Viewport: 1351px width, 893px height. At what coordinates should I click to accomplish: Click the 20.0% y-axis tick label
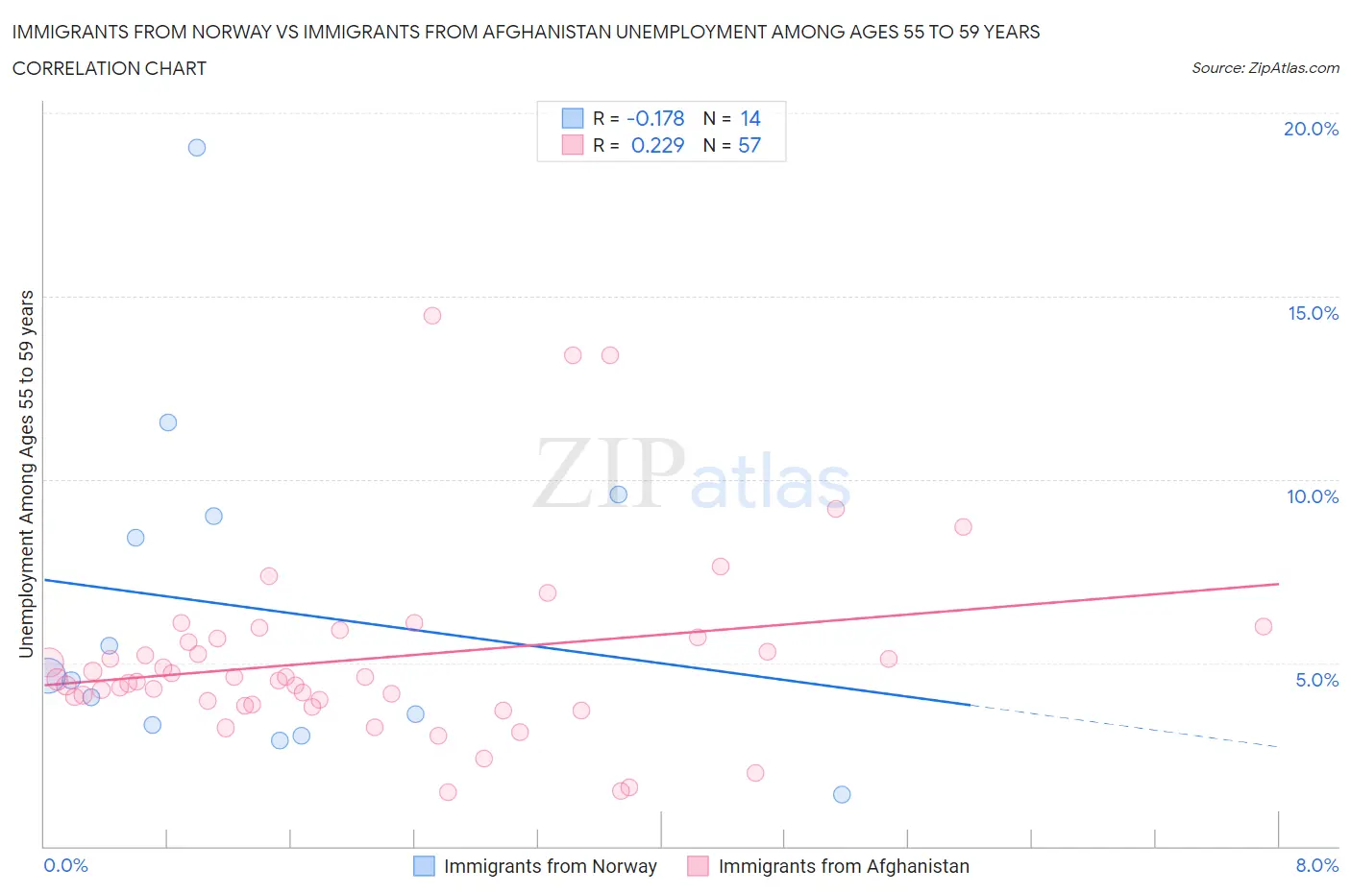pos(1311,129)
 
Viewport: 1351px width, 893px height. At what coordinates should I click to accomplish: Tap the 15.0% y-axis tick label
pos(1313,313)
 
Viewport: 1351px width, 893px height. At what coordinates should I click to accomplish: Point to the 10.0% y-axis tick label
pos(1313,496)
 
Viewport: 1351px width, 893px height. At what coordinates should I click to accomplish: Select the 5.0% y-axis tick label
pos(1316,680)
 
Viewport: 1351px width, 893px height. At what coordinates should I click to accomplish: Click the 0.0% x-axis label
pos(65,865)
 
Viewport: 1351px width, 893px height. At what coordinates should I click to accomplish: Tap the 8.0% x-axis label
pos(1316,865)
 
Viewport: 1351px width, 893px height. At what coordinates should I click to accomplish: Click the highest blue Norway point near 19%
pos(197,148)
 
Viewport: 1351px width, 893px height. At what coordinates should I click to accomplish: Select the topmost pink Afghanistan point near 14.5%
pos(432,316)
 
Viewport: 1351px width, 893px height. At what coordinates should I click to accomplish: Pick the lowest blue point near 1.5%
pos(842,794)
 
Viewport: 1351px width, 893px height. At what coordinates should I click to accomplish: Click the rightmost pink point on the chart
pos(1264,627)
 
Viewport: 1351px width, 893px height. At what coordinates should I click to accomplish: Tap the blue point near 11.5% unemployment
pos(168,422)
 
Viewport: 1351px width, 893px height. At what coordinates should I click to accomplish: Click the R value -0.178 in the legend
pos(655,118)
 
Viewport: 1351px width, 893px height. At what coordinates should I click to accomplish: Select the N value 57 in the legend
pos(749,145)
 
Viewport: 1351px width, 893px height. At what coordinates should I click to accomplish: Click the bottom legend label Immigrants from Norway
pos(550,866)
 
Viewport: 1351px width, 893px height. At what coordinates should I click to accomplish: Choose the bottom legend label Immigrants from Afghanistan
pos(844,866)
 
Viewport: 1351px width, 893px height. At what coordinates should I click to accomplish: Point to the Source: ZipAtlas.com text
pos(1265,68)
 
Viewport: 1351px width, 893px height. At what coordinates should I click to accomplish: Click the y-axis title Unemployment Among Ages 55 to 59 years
pos(26,473)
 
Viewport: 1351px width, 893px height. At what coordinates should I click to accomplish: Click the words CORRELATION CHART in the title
pos(110,68)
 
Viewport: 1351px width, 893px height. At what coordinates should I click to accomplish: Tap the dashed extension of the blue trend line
pos(1124,726)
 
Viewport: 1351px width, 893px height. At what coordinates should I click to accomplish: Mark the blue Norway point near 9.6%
pos(619,495)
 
